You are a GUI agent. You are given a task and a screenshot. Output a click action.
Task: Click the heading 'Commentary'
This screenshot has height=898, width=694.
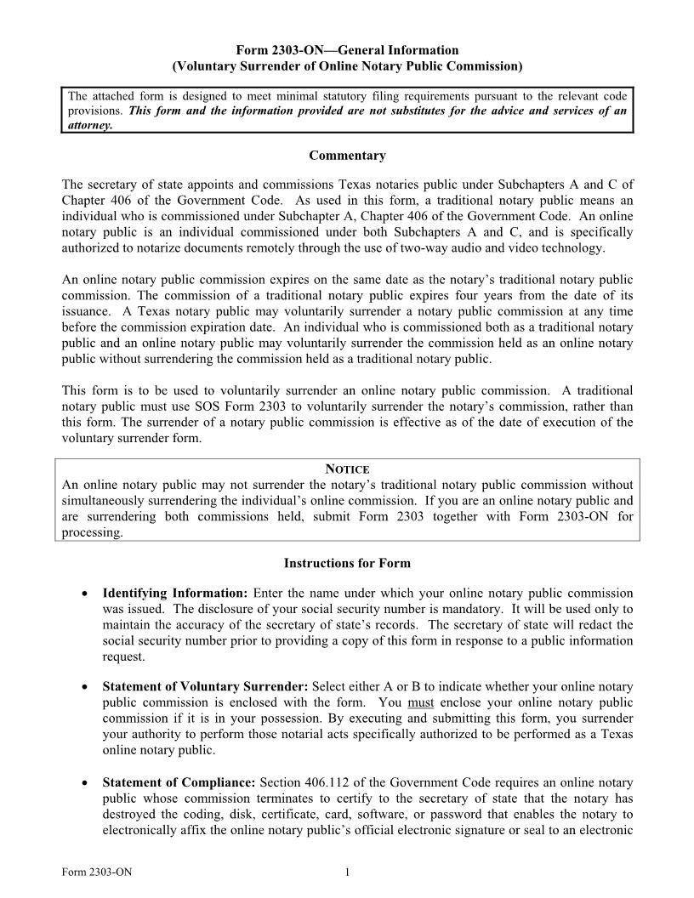[347, 156]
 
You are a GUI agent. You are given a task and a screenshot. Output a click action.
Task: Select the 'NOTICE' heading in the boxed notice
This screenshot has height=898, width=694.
[347, 469]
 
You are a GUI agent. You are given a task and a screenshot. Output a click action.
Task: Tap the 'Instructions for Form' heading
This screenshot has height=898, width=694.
[347, 563]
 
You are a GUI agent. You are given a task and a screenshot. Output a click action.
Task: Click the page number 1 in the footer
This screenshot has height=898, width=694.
[348, 872]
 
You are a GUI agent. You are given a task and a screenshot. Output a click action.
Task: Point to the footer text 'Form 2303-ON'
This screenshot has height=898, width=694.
[97, 872]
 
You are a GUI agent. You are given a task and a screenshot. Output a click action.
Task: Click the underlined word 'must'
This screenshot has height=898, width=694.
[421, 702]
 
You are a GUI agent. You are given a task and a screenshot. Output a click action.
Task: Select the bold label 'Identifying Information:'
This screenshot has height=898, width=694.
[174, 593]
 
